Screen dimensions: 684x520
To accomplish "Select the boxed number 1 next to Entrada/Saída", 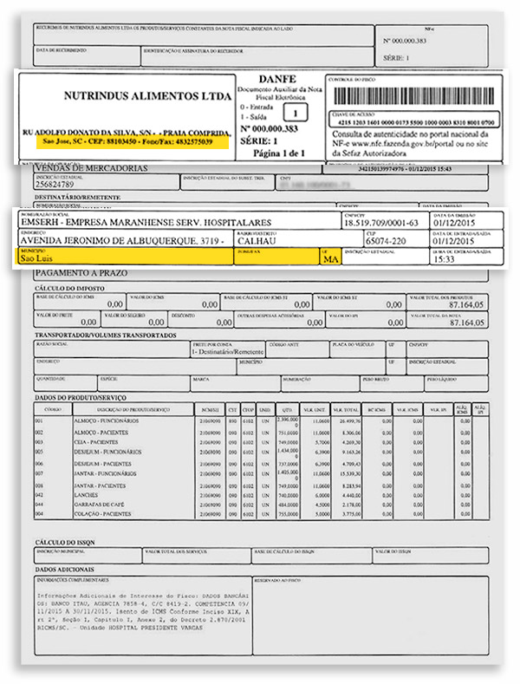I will tap(296, 113).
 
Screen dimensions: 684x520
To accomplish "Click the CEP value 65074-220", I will tap(388, 240).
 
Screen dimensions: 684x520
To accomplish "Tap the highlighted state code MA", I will tap(329, 258).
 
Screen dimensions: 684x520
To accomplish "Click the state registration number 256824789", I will tap(62, 184).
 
